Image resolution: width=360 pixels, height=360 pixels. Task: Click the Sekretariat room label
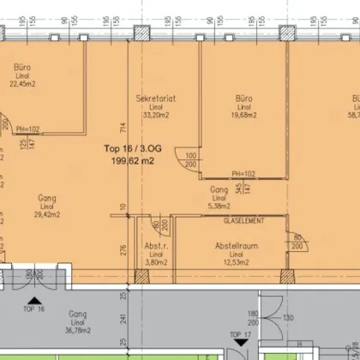(155, 99)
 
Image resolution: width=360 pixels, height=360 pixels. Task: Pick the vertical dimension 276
(123, 249)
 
